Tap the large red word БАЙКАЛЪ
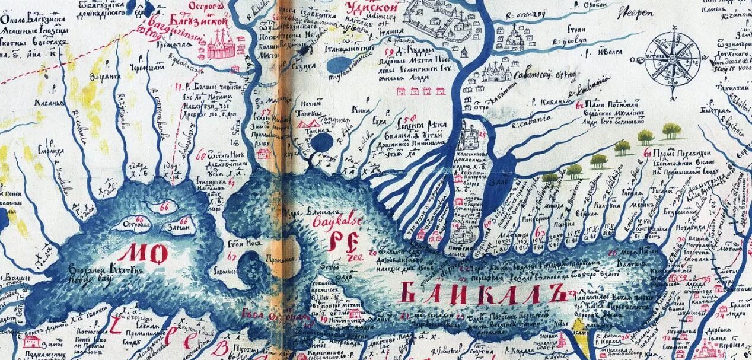480,292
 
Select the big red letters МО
142,254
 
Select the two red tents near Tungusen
308,123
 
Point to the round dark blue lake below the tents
323,142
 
